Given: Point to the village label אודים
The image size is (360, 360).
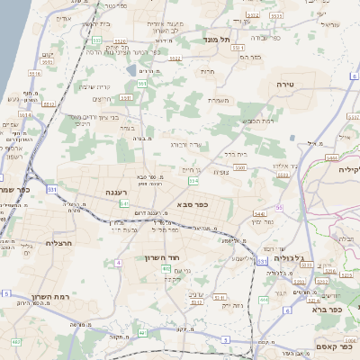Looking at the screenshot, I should tap(64, 17).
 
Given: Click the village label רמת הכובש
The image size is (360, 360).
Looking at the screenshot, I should tap(255, 119).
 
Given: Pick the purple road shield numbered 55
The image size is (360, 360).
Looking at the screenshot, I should tap(279, 207).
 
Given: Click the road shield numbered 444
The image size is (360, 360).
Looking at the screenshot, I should tap(264, 298).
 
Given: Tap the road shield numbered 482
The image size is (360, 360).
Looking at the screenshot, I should tap(16, 342).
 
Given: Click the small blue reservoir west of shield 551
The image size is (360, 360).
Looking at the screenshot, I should tap(133, 70).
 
